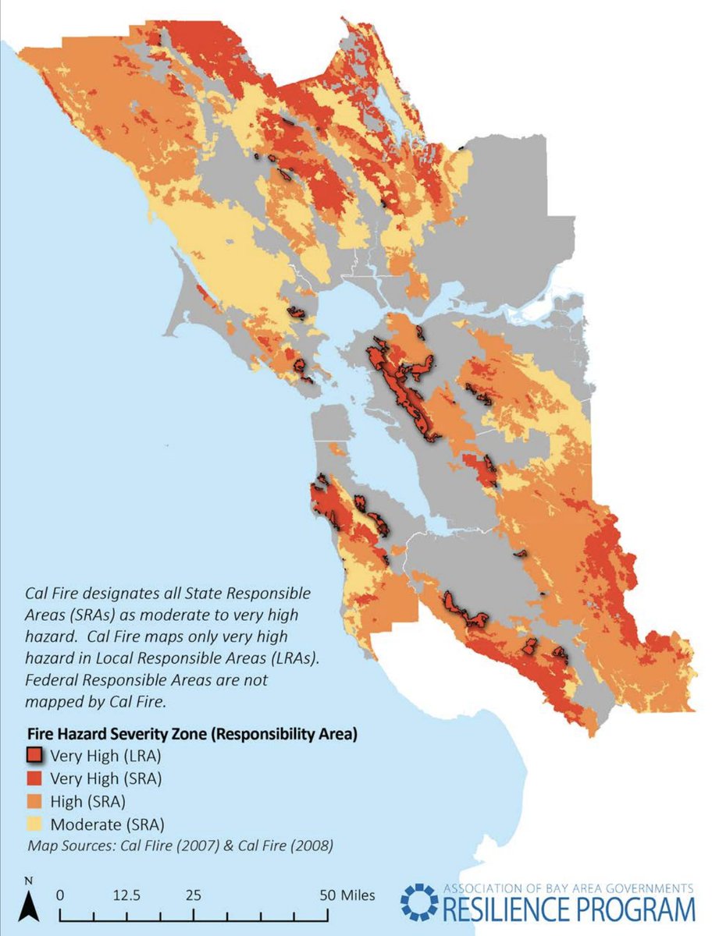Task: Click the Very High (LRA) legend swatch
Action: point(34,754)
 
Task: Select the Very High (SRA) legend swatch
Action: point(34,778)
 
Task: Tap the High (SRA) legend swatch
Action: point(34,800)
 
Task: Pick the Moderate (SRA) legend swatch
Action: point(34,824)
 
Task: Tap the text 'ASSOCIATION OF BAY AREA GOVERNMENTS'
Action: point(568,888)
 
